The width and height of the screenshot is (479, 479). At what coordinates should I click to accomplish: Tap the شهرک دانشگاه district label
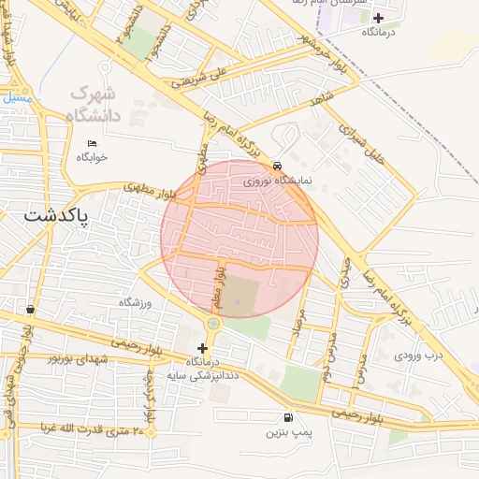tap(95, 105)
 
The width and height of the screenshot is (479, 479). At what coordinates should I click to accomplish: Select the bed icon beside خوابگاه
tap(91, 143)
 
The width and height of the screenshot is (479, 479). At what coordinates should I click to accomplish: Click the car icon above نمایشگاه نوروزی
tap(278, 165)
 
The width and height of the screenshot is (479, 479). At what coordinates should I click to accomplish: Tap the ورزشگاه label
tap(135, 302)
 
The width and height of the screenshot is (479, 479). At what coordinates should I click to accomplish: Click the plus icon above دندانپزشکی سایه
tap(202, 348)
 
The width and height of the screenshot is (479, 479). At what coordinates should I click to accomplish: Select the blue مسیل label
tap(16, 96)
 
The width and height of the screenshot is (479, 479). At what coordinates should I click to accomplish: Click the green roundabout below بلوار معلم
tap(212, 323)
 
